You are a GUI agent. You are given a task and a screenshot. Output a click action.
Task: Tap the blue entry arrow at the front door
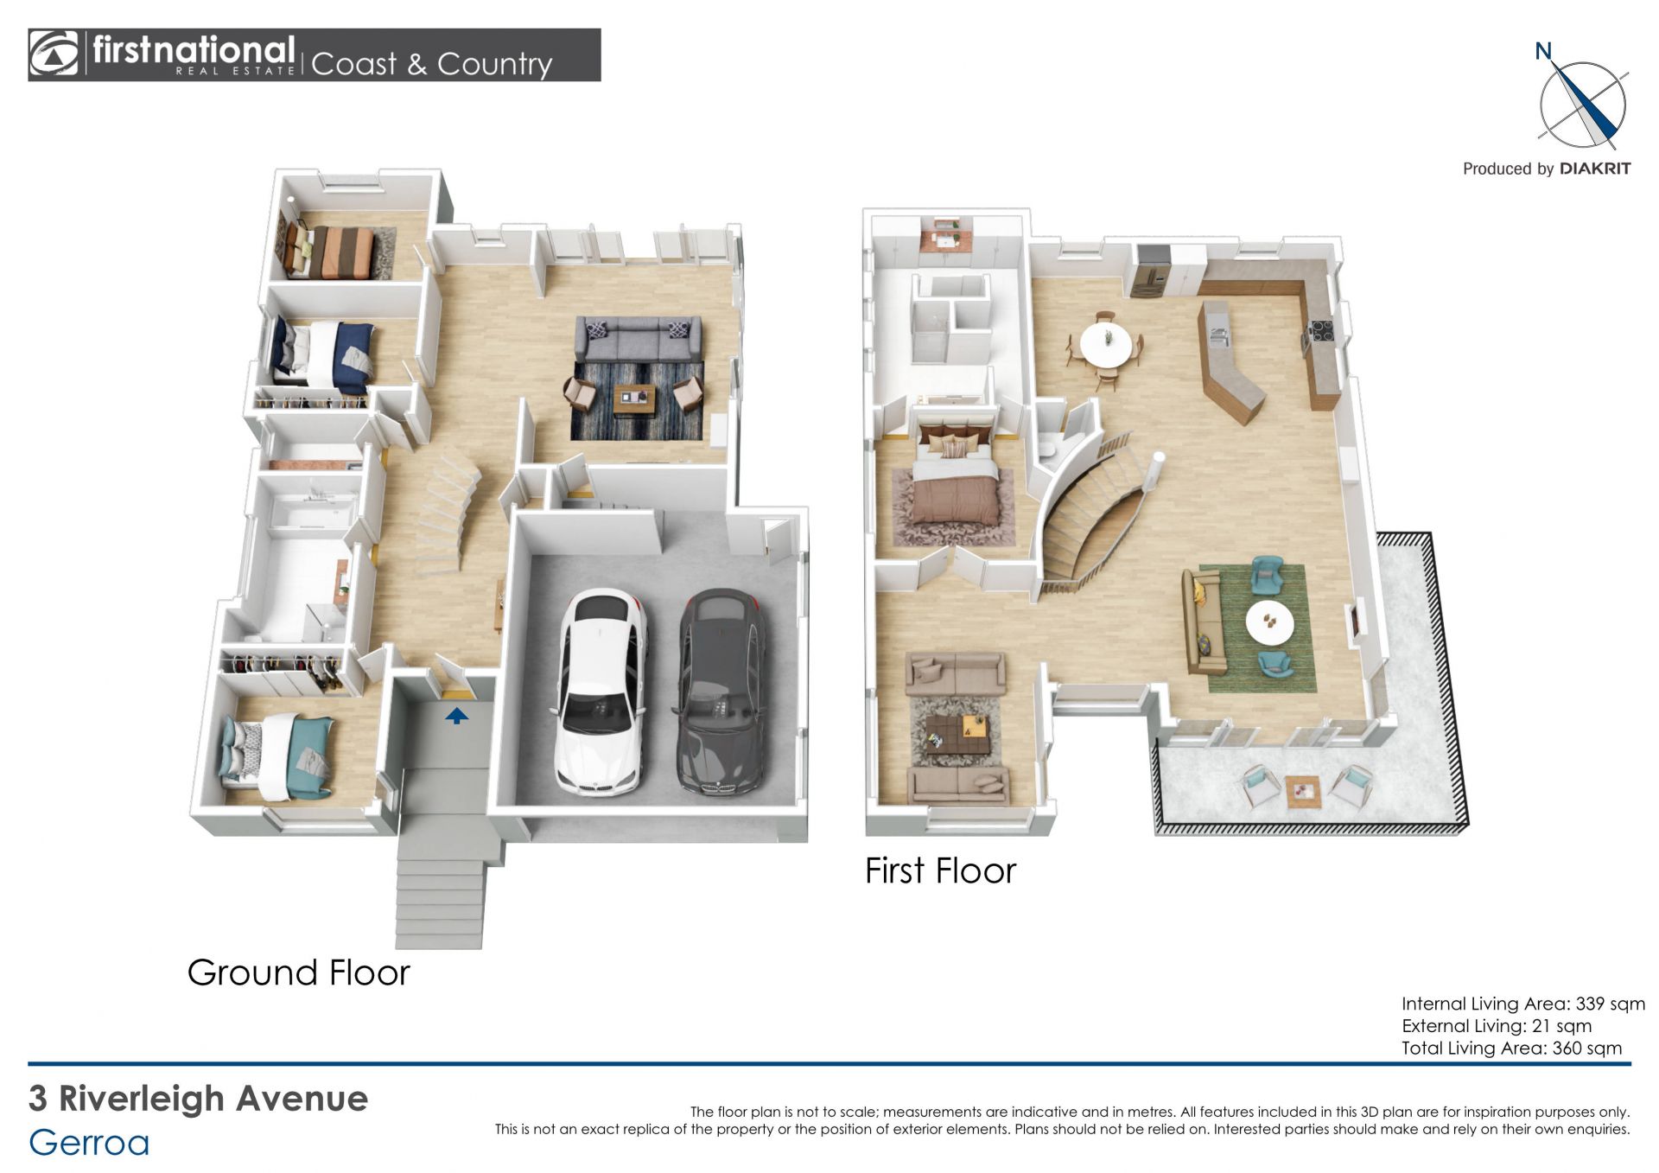(x=456, y=716)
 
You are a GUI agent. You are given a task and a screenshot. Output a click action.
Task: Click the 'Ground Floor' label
(x=298, y=973)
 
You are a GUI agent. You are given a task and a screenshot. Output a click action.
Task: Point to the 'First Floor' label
(x=940, y=871)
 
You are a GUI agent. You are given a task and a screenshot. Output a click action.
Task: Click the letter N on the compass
(x=1543, y=52)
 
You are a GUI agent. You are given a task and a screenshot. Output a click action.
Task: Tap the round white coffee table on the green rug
(x=1269, y=622)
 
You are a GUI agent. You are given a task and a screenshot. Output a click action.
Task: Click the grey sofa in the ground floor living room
(x=638, y=339)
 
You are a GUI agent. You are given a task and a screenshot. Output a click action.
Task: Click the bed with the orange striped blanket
(x=331, y=252)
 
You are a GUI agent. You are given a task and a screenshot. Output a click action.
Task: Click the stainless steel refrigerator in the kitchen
(x=1153, y=271)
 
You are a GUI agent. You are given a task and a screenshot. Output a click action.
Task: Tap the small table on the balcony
(x=1302, y=791)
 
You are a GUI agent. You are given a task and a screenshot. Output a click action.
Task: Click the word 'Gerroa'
(x=89, y=1144)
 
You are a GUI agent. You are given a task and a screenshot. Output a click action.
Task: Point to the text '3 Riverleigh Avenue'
(x=199, y=1099)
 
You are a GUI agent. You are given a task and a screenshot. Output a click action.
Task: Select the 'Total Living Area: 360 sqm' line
(x=1511, y=1049)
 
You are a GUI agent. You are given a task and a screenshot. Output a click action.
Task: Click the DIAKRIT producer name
(x=1595, y=169)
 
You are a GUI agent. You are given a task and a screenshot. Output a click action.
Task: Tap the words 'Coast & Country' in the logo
(x=431, y=64)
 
